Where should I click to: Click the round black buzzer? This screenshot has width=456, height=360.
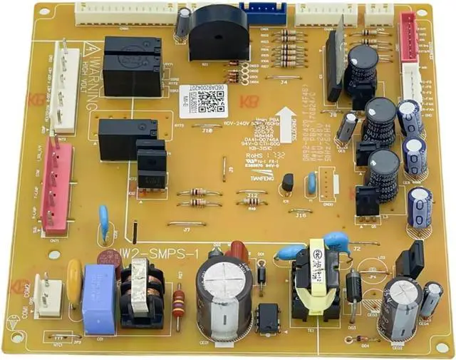point(214,32)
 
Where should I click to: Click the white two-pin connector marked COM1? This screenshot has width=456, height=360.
point(48,296)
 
